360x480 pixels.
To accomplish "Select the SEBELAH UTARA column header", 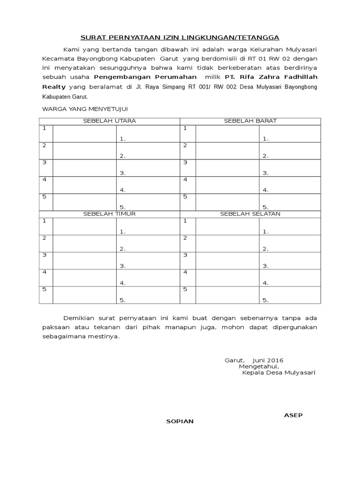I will (x=109, y=121).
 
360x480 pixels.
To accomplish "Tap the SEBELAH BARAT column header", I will (x=250, y=121).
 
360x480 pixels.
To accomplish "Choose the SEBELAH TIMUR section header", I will (x=109, y=214).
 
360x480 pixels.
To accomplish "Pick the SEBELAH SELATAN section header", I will (x=250, y=214).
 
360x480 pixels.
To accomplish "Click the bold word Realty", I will (x=54, y=87).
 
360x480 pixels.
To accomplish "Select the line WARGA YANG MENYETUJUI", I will (x=85, y=109).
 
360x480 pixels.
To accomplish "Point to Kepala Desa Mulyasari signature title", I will (x=278, y=373).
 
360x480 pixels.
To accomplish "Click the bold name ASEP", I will (x=293, y=415).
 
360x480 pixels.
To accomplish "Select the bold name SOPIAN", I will (x=180, y=421).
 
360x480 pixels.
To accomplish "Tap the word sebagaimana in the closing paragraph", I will (x=61, y=337).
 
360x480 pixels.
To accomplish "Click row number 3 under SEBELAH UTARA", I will (x=45, y=162).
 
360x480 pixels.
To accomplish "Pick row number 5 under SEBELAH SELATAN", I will (x=185, y=289).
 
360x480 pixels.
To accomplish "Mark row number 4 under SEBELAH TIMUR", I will (x=45, y=272).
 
